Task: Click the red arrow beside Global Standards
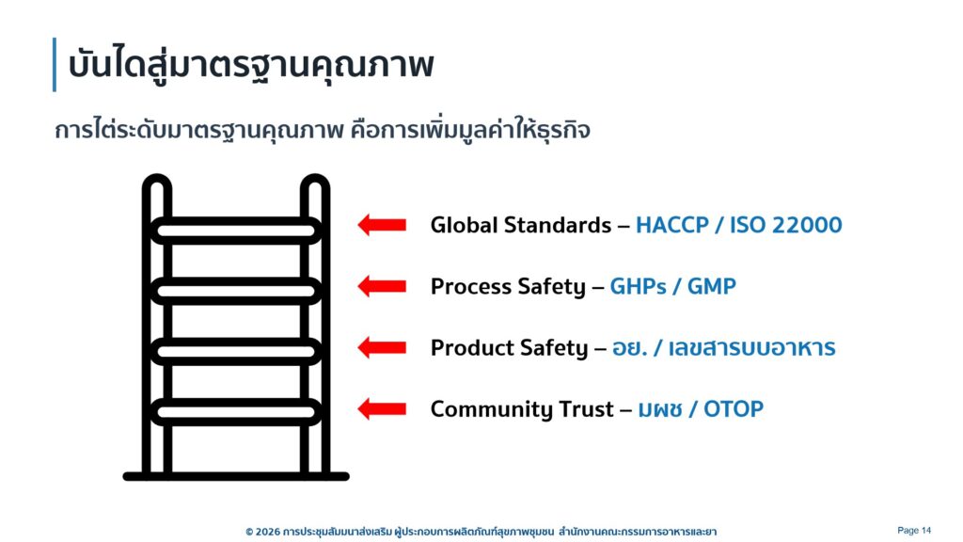[382, 225]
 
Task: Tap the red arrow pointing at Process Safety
[382, 286]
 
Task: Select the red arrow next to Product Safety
[382, 348]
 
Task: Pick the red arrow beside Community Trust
[382, 408]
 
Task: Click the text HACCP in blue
[671, 225]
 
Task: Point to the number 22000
[807, 225]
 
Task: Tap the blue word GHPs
[638, 286]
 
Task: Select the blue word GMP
[711, 286]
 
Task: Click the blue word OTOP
[734, 408]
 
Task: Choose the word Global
[464, 225]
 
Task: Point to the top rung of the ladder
[236, 231]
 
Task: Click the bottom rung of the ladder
[236, 412]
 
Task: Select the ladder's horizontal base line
[236, 476]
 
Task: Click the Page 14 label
[914, 531]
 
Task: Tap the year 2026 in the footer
[266, 532]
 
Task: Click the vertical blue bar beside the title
[55, 65]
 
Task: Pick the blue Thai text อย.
[629, 348]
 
